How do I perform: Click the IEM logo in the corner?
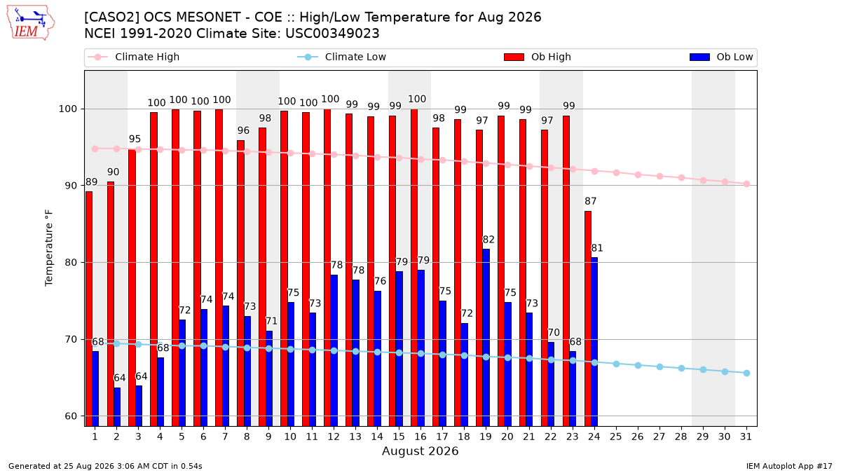[x=31, y=23]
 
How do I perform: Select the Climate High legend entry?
[x=133, y=57]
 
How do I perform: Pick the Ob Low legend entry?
[x=721, y=57]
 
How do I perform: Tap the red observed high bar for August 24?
[x=588, y=319]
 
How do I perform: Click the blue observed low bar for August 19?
[x=486, y=338]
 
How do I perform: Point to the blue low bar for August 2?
[x=117, y=407]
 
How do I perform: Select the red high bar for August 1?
[x=89, y=309]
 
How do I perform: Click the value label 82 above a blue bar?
[x=488, y=240]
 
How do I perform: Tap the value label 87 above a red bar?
[x=591, y=201]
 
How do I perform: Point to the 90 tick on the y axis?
[x=69, y=186]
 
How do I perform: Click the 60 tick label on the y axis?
[x=69, y=416]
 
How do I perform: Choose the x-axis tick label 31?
[x=746, y=437]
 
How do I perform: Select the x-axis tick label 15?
[x=399, y=437]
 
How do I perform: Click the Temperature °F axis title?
[x=49, y=249]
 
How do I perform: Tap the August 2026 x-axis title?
[x=420, y=451]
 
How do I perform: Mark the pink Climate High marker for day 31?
[x=747, y=184]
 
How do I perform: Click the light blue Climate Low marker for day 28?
[x=681, y=369]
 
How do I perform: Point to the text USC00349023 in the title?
[x=332, y=34]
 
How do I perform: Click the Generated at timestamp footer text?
[x=105, y=466]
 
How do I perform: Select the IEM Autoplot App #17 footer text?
[x=789, y=466]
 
